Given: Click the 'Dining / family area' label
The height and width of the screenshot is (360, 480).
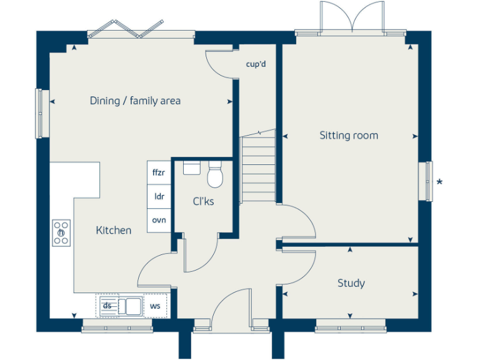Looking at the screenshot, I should (x=135, y=101).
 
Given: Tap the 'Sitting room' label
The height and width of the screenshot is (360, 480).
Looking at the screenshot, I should (x=349, y=136).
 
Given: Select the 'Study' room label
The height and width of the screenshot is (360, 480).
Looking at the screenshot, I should (x=351, y=283).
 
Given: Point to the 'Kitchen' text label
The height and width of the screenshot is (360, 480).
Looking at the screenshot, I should (x=114, y=231).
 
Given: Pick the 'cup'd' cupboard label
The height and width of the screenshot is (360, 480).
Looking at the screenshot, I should (x=256, y=64).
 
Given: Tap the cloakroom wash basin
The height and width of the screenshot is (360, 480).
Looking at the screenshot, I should (x=191, y=167).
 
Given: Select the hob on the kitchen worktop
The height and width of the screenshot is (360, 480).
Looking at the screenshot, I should (x=61, y=233).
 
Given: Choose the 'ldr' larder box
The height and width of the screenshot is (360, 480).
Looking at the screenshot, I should (x=159, y=196).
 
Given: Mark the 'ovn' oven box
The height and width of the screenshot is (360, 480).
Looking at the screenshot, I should (x=159, y=220).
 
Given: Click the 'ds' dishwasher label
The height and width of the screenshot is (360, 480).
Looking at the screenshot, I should (x=107, y=306).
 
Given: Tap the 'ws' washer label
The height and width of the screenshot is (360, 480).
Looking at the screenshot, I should (x=154, y=306).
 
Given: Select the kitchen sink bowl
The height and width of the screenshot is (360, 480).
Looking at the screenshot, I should (x=132, y=306).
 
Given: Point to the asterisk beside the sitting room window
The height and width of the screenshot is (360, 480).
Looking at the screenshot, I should (x=440, y=182).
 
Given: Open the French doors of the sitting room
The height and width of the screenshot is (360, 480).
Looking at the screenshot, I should (x=352, y=17).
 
